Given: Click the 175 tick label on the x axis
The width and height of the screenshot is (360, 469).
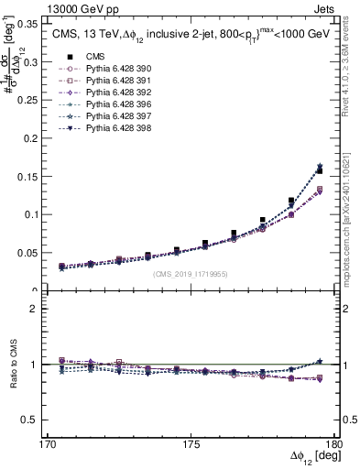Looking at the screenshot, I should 191,443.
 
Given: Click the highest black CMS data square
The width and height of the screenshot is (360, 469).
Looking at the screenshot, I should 319,170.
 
